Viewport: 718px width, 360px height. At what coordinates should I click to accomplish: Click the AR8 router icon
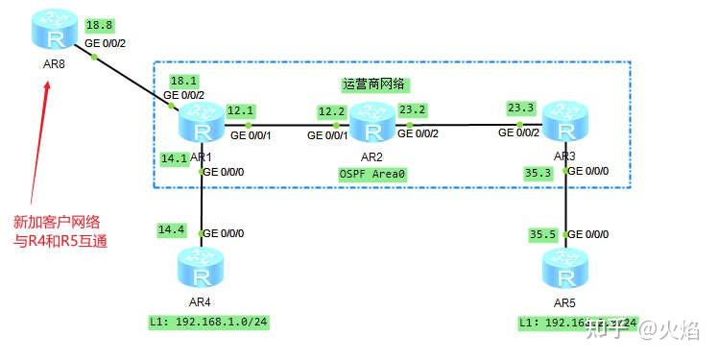pos(49,36)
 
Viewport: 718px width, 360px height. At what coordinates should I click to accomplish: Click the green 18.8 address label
pos(99,25)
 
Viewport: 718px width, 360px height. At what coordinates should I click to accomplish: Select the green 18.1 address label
pos(182,82)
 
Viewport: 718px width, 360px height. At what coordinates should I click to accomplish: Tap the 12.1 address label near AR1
pos(240,110)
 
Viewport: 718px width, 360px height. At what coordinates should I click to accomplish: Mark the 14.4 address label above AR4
pos(172,230)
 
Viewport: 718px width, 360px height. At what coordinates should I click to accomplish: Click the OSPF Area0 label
pos(372,173)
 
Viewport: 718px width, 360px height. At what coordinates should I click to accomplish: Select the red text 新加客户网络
pos(58,222)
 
